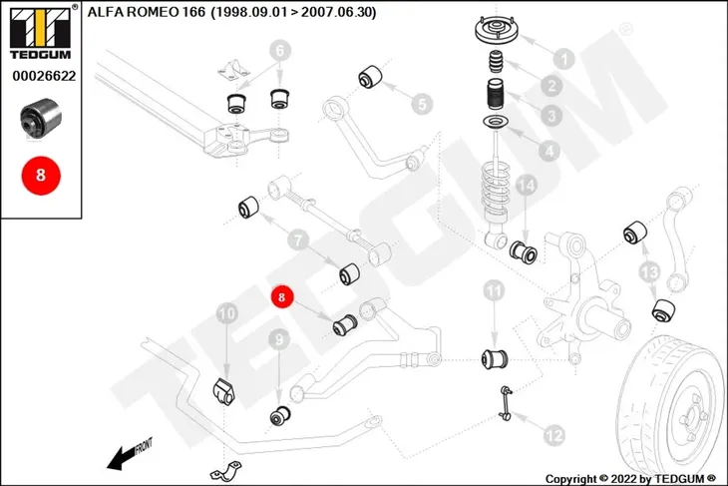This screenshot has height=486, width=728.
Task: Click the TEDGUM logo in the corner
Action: click(41, 32)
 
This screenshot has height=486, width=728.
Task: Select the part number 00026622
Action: click(44, 76)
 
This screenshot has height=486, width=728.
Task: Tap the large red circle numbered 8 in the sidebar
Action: click(41, 176)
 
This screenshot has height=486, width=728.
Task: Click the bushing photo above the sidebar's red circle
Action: click(41, 117)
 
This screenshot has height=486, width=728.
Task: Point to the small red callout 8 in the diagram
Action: click(282, 296)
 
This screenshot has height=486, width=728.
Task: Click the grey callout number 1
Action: click(564, 59)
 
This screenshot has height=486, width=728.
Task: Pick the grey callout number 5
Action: click(422, 104)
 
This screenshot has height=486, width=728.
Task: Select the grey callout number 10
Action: click(227, 314)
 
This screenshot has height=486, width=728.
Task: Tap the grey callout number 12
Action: click(553, 435)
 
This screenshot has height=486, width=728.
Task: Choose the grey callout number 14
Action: click(526, 186)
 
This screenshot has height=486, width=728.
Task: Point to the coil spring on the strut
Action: click(497, 192)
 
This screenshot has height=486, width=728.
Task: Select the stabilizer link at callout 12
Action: click(506, 403)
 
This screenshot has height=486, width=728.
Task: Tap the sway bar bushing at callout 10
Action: click(223, 391)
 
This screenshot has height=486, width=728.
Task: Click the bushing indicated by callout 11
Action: click(495, 358)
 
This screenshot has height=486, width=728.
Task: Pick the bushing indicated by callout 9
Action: click(280, 415)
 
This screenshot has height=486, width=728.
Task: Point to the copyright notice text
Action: click(630, 479)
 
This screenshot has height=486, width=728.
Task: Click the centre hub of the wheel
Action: click(691, 417)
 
